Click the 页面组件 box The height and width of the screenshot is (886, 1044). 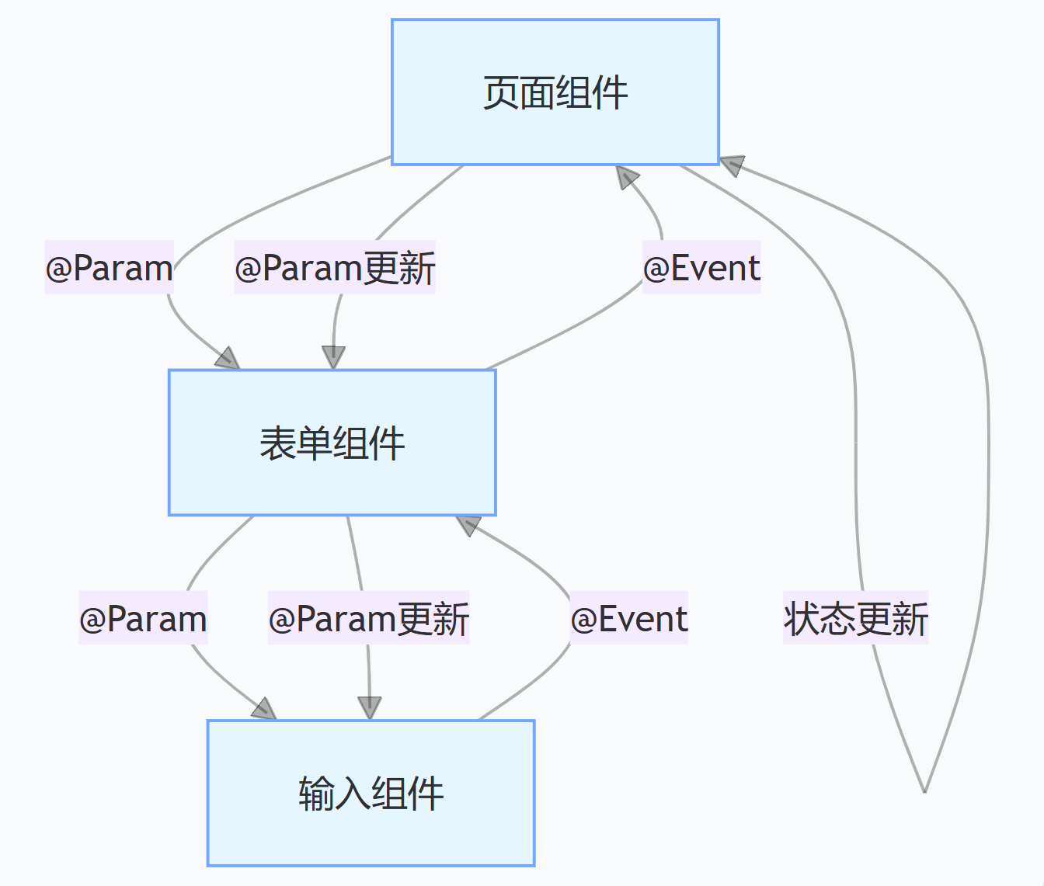(x=555, y=92)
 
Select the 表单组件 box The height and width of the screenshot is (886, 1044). (x=332, y=443)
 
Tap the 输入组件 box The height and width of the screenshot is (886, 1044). (x=371, y=793)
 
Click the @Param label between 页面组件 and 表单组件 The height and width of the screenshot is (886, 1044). (x=109, y=268)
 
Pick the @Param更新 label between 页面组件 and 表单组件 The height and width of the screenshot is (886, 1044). (x=335, y=268)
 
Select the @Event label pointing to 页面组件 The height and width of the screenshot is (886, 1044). (x=701, y=268)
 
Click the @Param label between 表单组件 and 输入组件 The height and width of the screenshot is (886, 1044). (x=143, y=618)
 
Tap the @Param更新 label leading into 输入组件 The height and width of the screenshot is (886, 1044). (x=368, y=618)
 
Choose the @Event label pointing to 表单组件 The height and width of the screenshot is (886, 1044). (x=628, y=618)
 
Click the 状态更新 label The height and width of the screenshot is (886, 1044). (x=855, y=618)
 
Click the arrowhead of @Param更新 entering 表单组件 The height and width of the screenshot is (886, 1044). (x=333, y=358)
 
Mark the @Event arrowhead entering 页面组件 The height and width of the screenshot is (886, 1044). (x=626, y=176)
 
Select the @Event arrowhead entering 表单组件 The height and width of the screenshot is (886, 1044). (x=468, y=525)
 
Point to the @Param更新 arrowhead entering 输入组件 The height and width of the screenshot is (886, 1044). (x=370, y=708)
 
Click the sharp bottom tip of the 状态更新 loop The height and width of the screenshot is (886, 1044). (x=924, y=791)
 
